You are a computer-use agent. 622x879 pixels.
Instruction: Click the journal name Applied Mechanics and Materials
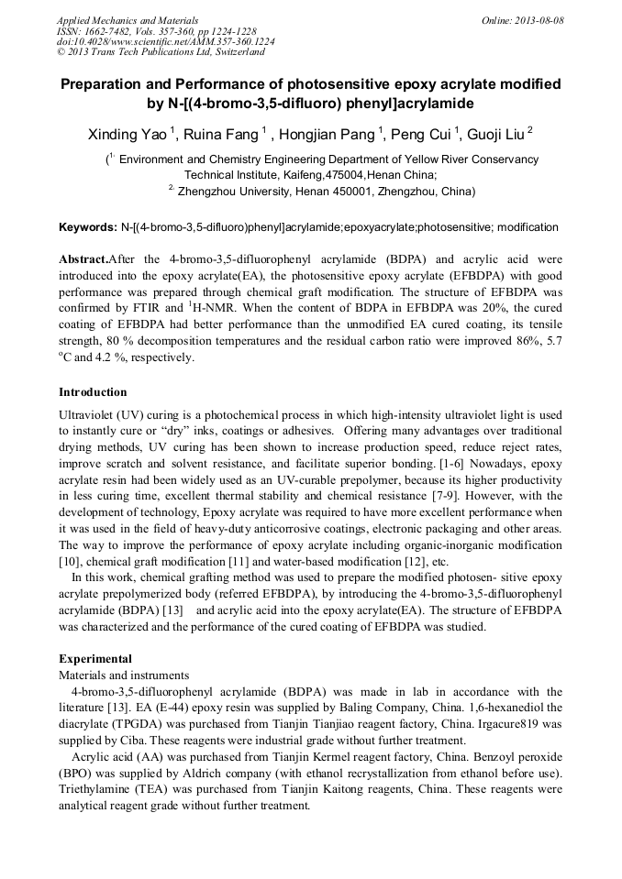point(128,20)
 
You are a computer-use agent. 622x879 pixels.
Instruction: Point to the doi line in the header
point(165,41)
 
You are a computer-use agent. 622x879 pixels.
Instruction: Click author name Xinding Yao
point(128,135)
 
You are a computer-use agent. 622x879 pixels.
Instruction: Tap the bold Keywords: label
point(87,226)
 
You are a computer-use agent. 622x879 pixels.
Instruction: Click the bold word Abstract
point(83,259)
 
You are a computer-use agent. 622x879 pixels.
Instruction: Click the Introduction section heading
point(93,392)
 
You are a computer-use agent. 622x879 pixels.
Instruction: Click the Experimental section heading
point(95,658)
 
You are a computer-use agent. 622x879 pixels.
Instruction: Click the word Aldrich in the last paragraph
point(199,774)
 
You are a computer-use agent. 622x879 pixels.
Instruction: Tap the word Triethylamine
point(94,790)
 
